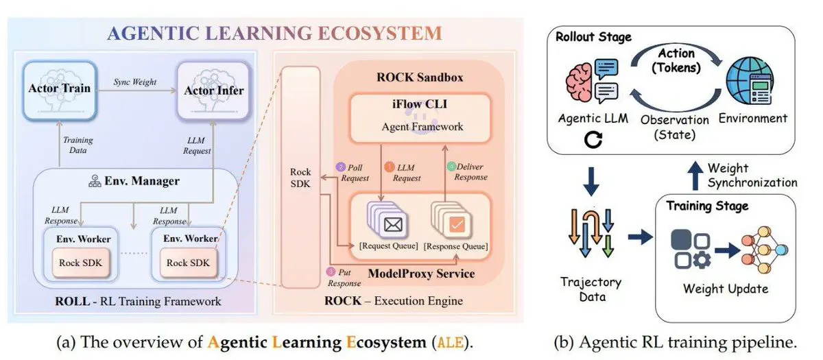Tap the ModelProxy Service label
[420, 274]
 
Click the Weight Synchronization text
[752, 176]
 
